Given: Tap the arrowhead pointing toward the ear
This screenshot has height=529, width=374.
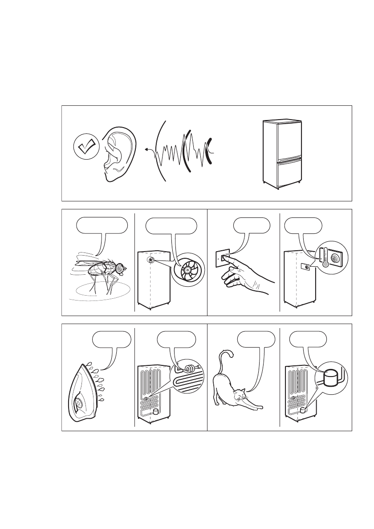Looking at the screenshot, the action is click(x=146, y=150).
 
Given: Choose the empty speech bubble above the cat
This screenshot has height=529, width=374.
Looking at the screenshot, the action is click(x=254, y=340).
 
